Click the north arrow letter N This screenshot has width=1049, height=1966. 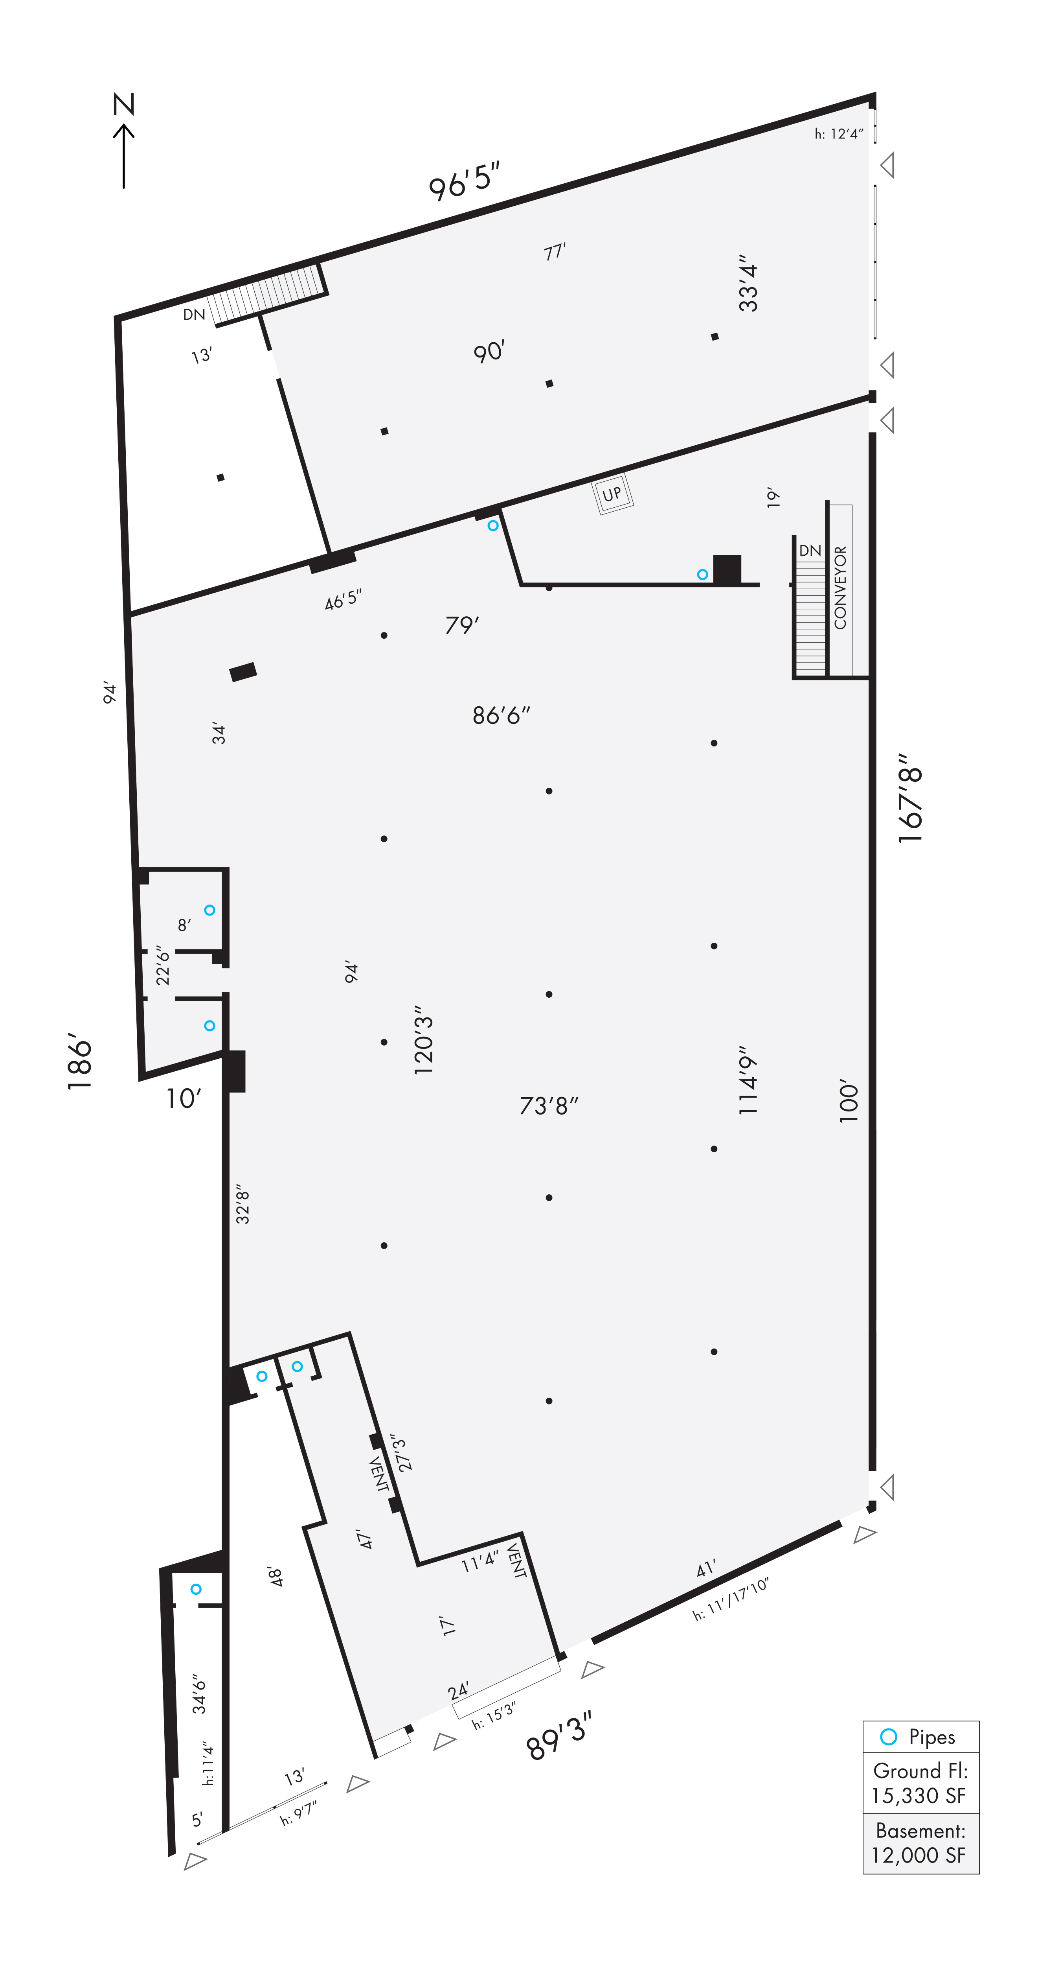click(x=123, y=104)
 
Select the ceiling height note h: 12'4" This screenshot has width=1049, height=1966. click(x=838, y=134)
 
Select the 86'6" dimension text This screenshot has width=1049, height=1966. click(x=501, y=715)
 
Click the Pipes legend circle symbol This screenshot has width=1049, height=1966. click(x=888, y=1737)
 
